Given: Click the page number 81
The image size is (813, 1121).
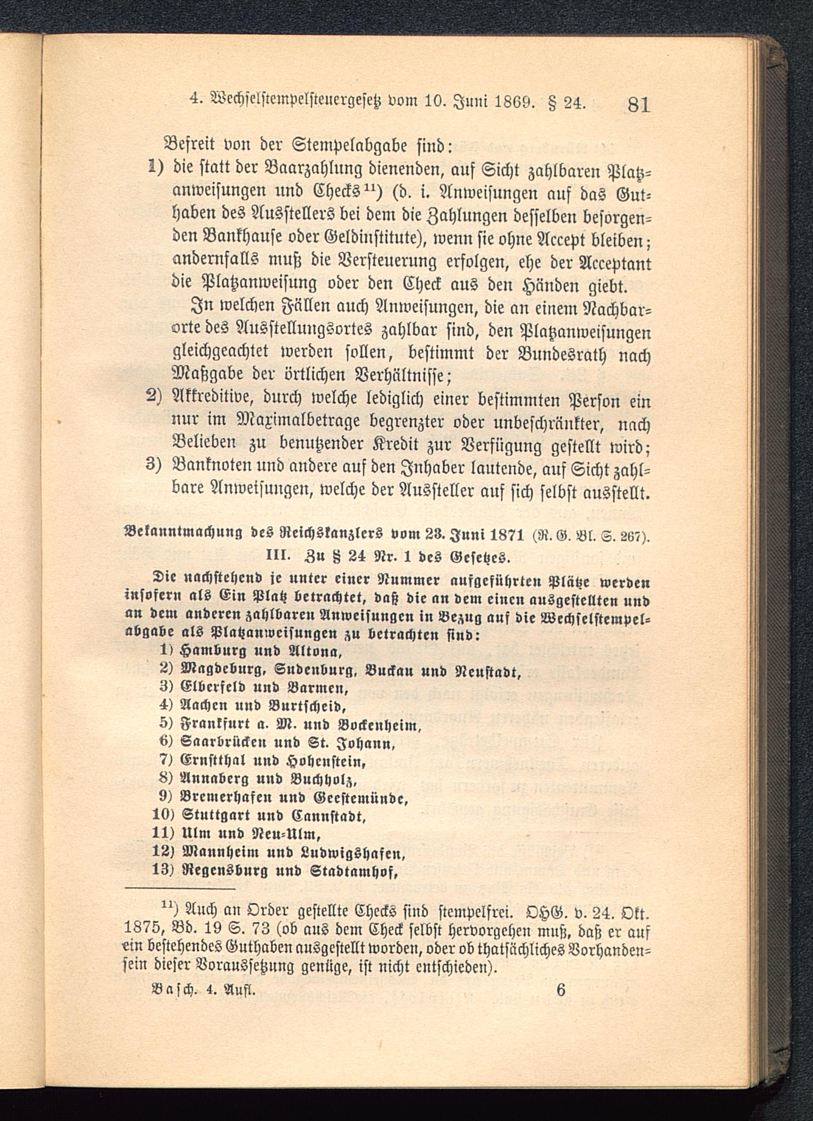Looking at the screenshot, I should (x=639, y=105).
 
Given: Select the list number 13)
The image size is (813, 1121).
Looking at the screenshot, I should (x=163, y=870).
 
